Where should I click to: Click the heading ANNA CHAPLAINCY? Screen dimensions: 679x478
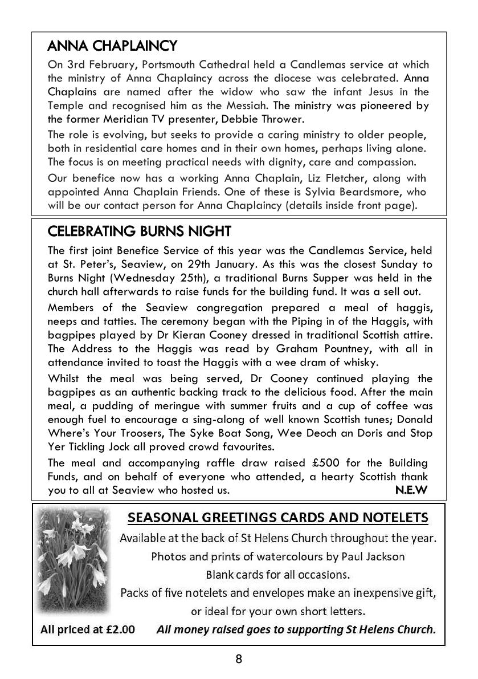[x=113, y=45]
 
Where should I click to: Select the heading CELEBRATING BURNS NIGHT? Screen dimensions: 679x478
[x=140, y=231]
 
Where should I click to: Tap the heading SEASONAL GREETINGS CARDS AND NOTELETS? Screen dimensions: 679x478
[x=278, y=518]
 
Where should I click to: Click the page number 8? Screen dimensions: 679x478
[x=239, y=659]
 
